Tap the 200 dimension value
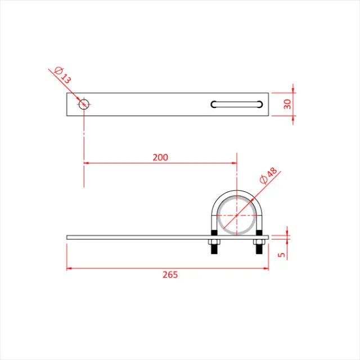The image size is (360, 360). pyautogui.click(x=160, y=157)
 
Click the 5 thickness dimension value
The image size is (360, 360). pyautogui.click(x=282, y=254)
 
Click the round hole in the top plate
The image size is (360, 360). pyautogui.click(x=84, y=103)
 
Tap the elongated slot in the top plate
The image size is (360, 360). pyautogui.click(x=237, y=103)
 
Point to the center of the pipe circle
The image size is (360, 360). pyautogui.click(x=237, y=214)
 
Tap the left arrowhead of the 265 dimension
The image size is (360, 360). pyautogui.click(x=70, y=268)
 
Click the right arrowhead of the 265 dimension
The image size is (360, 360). pyautogui.click(x=268, y=268)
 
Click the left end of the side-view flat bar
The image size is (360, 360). pyautogui.click(x=68, y=237)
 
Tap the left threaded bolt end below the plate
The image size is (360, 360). pyautogui.click(x=214, y=250)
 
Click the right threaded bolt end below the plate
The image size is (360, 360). pyautogui.click(x=259, y=250)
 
